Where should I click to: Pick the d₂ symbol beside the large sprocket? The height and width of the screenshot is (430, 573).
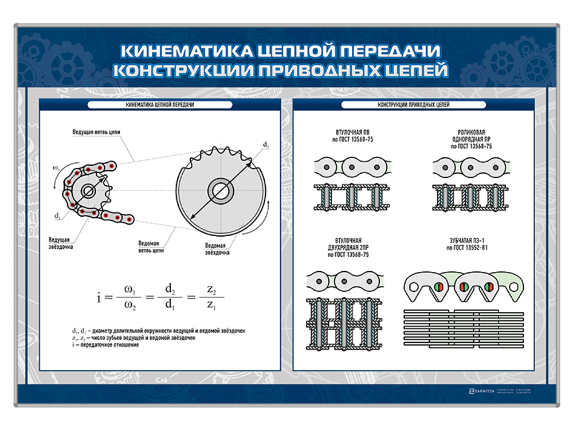[x=266, y=146]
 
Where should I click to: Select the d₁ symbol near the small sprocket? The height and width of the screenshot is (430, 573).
[x=57, y=216]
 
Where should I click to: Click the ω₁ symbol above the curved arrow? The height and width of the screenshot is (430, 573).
[x=56, y=167]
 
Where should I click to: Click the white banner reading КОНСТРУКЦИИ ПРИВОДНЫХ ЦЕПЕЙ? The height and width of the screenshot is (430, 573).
[x=414, y=105]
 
